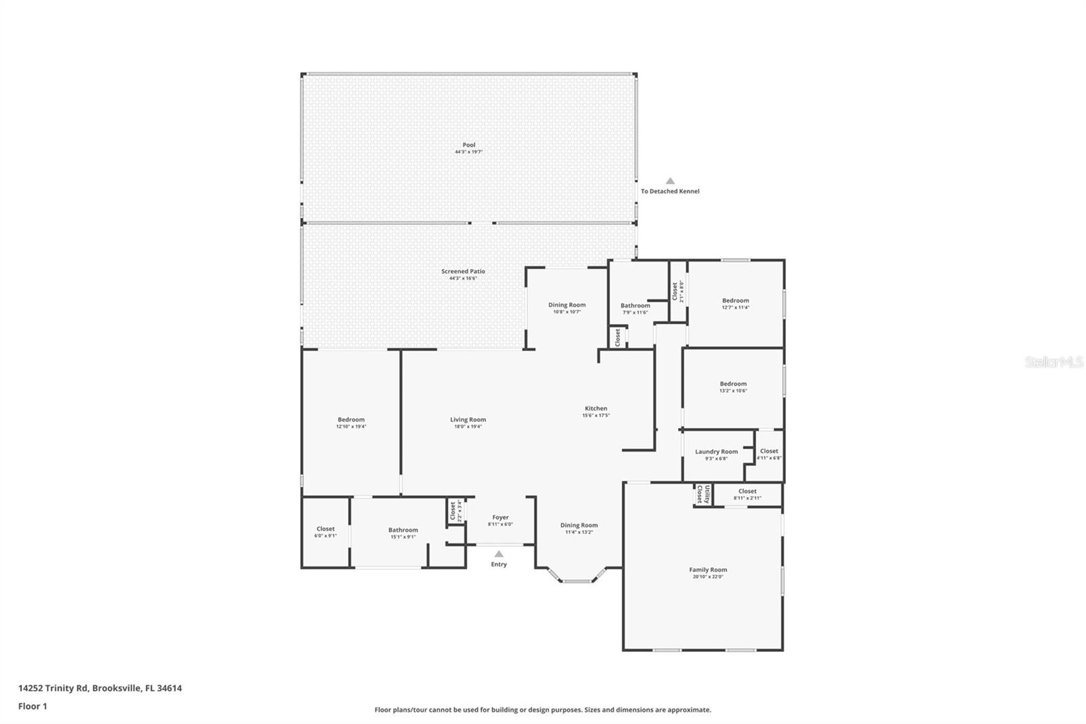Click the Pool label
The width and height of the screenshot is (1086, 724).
[469, 145]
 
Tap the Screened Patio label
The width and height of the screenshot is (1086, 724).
[463, 271]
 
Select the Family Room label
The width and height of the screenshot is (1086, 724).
[708, 570]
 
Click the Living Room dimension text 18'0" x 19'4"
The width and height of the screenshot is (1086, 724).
[468, 427]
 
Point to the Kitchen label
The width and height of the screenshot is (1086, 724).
[596, 408]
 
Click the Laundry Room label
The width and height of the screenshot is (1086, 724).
[716, 452]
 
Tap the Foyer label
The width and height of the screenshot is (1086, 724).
[500, 518]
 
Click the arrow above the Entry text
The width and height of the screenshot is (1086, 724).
[499, 554]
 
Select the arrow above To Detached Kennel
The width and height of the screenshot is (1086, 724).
[670, 181]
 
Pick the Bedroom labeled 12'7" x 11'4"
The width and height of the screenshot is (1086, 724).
[735, 300]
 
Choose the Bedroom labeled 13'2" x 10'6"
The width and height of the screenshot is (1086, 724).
[733, 384]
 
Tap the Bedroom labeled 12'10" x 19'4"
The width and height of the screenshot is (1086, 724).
[351, 420]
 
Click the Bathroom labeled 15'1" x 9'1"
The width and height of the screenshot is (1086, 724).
[403, 530]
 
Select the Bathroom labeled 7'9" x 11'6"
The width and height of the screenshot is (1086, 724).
[635, 306]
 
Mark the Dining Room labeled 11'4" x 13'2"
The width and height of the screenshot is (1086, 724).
[579, 525]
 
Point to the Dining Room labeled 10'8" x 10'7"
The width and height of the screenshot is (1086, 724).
[567, 305]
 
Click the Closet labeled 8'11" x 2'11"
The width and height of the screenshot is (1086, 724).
[747, 491]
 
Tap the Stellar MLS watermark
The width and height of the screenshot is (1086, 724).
[1053, 363]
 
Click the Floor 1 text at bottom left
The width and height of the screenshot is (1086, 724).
[33, 706]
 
